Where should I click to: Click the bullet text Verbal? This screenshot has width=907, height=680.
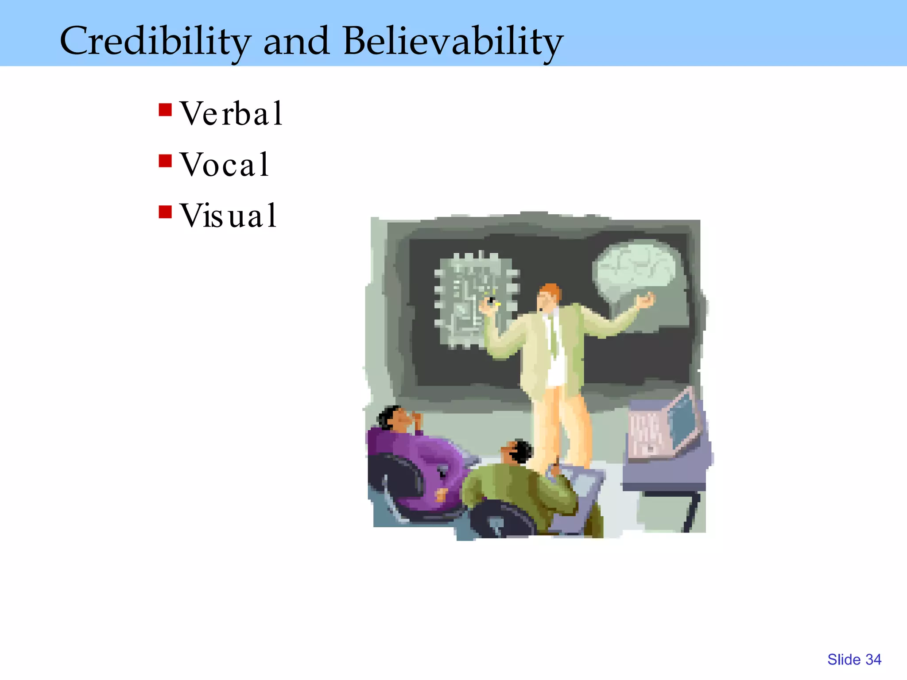[x=231, y=114]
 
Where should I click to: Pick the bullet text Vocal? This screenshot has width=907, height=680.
[x=225, y=165]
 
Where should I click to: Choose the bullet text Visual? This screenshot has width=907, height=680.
[x=228, y=216]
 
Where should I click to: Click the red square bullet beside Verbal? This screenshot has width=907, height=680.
[x=165, y=110]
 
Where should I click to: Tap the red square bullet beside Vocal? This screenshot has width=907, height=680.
[x=165, y=161]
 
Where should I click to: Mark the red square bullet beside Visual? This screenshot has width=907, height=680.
[x=165, y=212]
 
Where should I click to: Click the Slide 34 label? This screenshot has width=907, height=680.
[x=854, y=660]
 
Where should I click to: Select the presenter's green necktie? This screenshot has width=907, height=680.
[x=553, y=336]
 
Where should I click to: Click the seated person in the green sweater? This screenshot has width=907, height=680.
[x=518, y=491]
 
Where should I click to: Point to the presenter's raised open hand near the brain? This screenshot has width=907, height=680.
[x=645, y=301]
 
